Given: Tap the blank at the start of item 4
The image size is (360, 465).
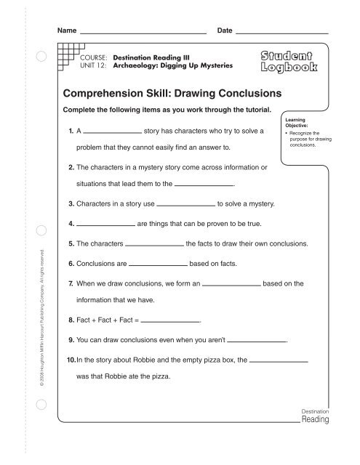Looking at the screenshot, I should click(x=105, y=224).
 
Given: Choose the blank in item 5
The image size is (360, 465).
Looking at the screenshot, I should click(x=155, y=243).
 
